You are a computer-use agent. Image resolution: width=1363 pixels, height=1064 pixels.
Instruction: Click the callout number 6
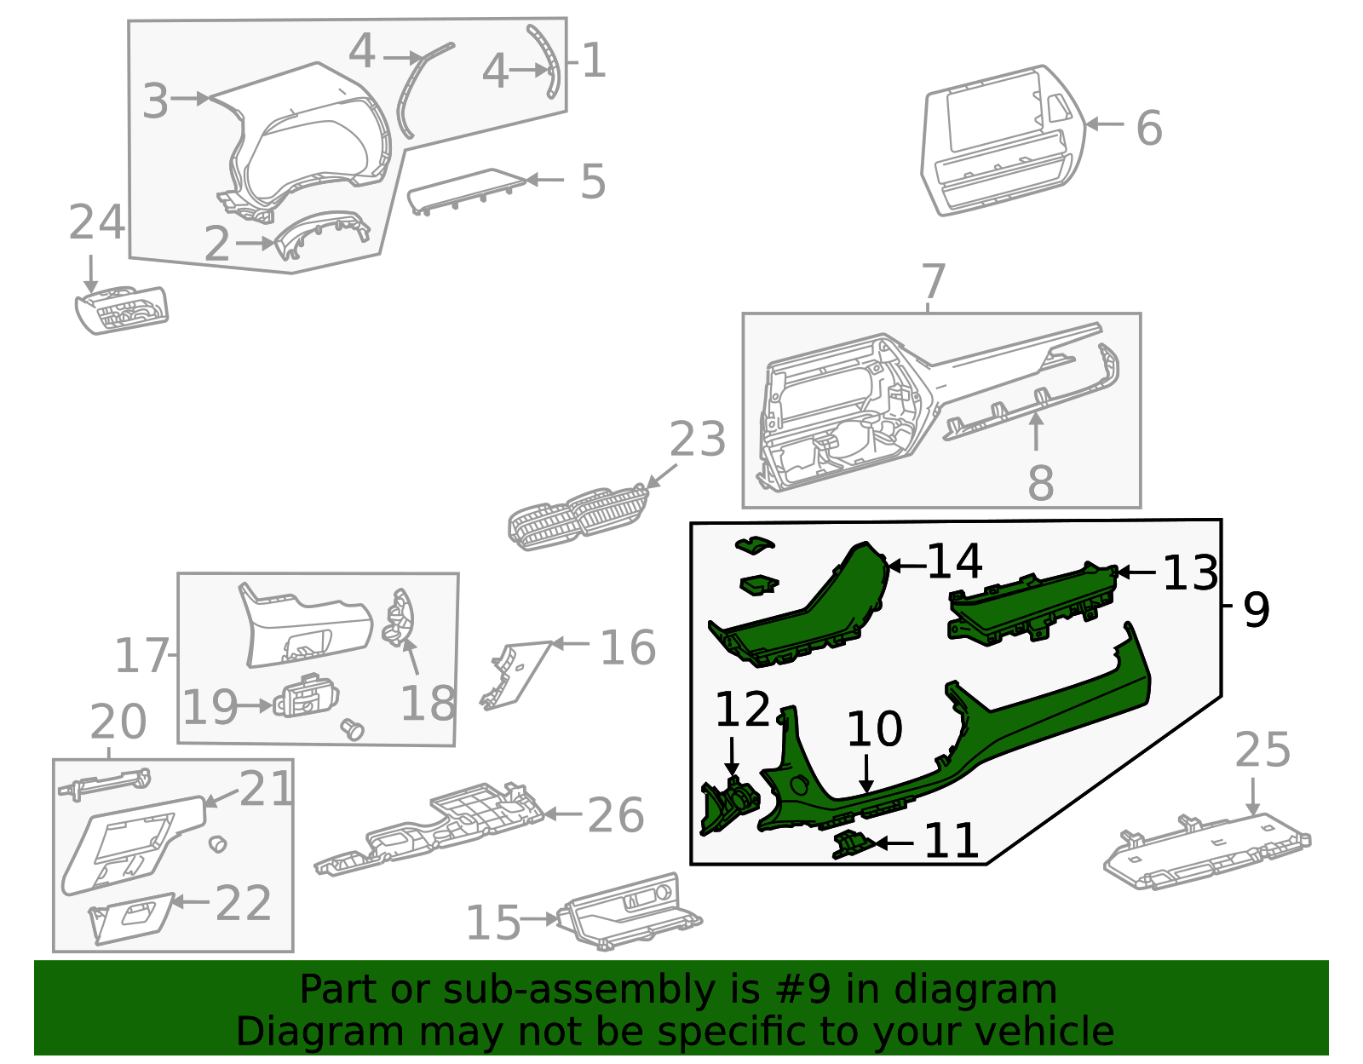(x=1149, y=129)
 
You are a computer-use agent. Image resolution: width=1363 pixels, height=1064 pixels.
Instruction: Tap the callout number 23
(x=697, y=440)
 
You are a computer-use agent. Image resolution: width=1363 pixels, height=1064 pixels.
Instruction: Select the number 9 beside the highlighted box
(x=1256, y=609)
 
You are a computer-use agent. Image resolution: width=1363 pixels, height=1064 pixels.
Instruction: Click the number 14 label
(x=954, y=562)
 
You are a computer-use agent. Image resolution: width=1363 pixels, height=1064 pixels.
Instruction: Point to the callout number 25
(x=1262, y=751)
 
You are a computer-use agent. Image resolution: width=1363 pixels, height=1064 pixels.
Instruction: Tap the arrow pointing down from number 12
(x=732, y=757)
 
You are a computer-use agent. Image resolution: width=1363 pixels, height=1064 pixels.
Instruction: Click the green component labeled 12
(x=728, y=805)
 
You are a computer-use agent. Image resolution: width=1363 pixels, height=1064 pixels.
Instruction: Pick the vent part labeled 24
(x=122, y=310)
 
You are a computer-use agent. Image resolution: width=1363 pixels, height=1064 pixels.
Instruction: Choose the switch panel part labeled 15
(x=629, y=912)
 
